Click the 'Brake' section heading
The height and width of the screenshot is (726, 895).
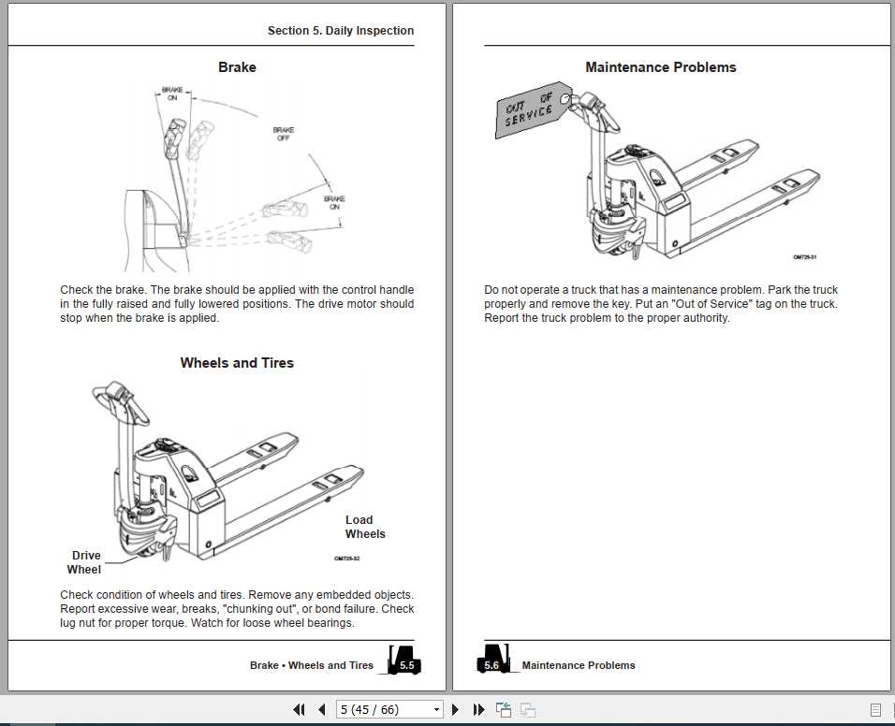point(237,67)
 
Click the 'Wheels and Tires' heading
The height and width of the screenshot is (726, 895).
point(237,363)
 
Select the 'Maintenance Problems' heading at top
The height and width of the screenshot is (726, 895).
point(660,67)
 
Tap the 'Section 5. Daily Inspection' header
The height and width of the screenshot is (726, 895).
point(340,31)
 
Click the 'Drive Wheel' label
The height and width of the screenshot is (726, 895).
point(85,562)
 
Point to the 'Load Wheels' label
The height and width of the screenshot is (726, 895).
point(364,527)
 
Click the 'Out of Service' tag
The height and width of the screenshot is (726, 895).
point(531,109)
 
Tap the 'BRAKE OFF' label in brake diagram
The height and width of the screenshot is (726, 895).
point(284,134)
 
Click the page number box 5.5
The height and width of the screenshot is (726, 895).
point(406,665)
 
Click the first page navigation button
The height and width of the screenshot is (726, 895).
point(299,710)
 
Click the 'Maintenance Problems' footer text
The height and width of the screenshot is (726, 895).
point(579,665)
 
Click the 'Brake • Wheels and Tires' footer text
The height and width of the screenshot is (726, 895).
point(312,665)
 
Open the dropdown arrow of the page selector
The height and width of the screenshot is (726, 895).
point(434,710)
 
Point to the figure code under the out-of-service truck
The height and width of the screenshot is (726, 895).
point(805,257)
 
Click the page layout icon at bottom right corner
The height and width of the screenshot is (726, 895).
point(875,710)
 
